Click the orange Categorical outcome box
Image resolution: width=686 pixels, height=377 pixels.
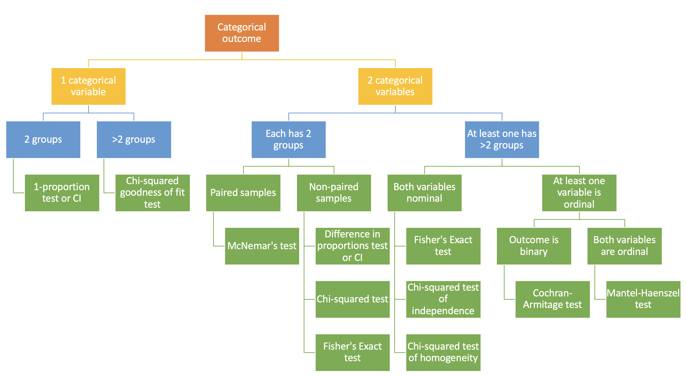[x=242, y=33]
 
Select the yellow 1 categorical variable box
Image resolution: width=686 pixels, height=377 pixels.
[x=88, y=86]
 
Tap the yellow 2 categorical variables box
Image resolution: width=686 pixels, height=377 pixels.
[x=395, y=86]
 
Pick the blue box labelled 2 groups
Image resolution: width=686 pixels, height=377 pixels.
[x=43, y=140]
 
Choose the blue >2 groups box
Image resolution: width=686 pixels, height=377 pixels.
[x=134, y=140]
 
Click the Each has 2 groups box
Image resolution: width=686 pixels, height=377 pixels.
[x=288, y=140]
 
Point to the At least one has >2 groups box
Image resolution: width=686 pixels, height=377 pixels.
[x=502, y=140]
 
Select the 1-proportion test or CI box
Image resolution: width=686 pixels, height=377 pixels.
[x=62, y=193]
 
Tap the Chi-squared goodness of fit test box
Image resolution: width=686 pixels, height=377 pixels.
[x=152, y=193]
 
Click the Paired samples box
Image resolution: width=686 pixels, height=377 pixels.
[x=243, y=193]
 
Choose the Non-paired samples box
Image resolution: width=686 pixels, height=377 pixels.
[x=334, y=193]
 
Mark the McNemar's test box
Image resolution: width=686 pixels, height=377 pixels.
[x=262, y=246]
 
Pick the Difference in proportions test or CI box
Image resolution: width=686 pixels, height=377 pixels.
[x=352, y=246]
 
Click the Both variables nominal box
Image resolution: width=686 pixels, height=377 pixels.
[x=424, y=193]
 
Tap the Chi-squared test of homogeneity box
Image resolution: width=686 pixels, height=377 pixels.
[x=443, y=353]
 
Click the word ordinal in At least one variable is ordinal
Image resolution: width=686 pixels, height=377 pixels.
[x=579, y=204]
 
